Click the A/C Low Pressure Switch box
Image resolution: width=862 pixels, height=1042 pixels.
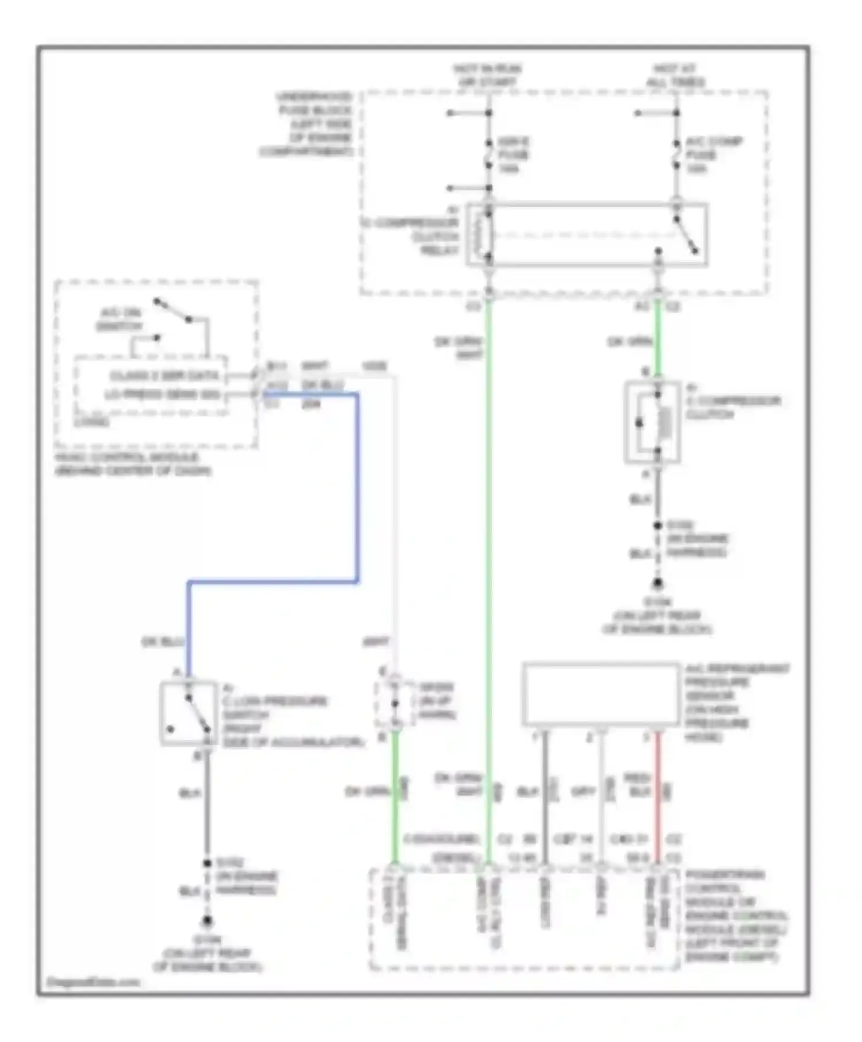[x=188, y=713]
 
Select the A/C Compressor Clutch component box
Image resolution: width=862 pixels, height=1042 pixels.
[x=652, y=422]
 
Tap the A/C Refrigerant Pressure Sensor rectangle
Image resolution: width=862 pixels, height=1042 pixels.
[x=601, y=694]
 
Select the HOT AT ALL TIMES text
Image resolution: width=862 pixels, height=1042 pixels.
[x=675, y=75]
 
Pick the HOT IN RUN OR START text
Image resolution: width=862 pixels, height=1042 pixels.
[x=487, y=75]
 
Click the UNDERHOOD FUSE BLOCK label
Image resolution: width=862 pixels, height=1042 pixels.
[x=307, y=124]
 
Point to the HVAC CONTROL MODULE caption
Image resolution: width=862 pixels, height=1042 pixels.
[x=132, y=464]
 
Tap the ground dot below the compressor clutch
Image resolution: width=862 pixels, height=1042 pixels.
[x=657, y=584]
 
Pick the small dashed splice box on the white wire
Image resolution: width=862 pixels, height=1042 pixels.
[x=395, y=703]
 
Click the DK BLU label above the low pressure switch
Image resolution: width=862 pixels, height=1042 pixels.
[x=162, y=642]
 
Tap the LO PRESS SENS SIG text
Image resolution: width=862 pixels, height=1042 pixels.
[x=162, y=395]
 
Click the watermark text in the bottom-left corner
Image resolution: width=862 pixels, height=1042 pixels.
[x=92, y=982]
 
